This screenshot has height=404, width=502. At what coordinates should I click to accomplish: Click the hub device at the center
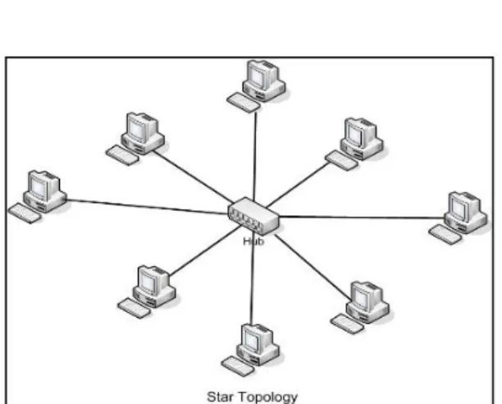[x=253, y=216]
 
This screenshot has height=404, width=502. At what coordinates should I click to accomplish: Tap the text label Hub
[x=254, y=241]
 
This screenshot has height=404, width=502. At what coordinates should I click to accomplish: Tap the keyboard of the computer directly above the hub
[x=244, y=102]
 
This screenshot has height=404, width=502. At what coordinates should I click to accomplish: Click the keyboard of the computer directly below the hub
[x=238, y=366]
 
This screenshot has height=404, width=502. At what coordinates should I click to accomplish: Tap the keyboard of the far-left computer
[x=25, y=213]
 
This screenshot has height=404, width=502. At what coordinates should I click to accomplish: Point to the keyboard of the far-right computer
[x=445, y=234]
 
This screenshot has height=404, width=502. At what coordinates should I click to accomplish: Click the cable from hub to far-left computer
[x=148, y=207]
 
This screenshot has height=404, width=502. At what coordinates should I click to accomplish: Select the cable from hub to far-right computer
[x=363, y=218]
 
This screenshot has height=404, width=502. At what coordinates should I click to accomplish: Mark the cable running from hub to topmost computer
[x=255, y=156]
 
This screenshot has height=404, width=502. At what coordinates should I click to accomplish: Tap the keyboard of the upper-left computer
[x=122, y=155]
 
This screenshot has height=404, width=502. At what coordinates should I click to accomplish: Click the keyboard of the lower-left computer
[x=135, y=308]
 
